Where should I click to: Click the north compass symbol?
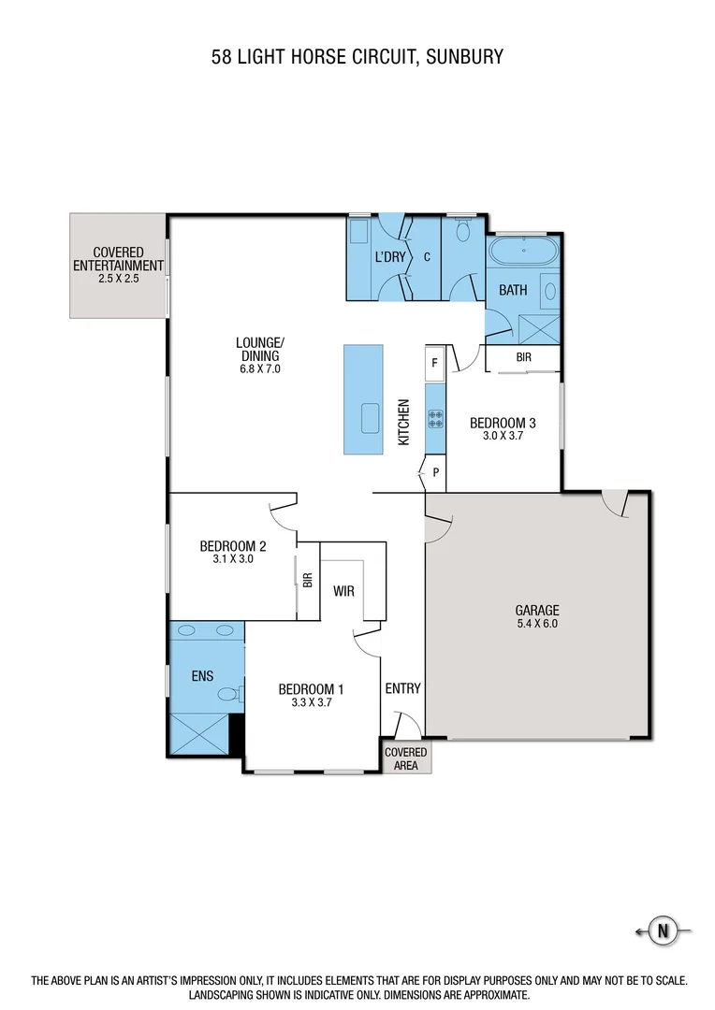[664, 931]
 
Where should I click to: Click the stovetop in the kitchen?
[435, 419]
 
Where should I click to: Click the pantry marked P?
[435, 473]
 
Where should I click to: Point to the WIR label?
[343, 591]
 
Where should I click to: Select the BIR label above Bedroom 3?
[524, 357]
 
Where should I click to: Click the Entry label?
[402, 688]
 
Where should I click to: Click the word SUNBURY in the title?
[464, 57]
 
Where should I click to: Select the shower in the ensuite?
[198, 734]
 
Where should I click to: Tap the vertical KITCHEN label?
[404, 422]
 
